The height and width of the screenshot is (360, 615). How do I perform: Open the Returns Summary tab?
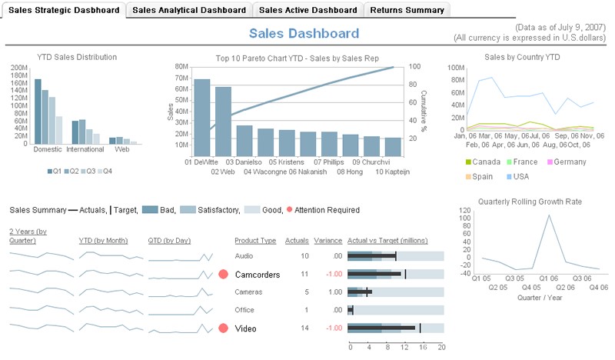(x=407, y=10)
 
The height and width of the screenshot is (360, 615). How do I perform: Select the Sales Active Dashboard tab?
(x=307, y=10)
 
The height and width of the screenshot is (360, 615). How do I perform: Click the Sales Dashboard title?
(x=304, y=33)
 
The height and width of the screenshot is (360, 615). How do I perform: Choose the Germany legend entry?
(x=567, y=162)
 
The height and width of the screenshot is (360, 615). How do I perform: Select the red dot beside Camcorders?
(x=224, y=274)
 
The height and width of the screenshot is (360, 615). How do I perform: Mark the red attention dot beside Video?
(x=224, y=328)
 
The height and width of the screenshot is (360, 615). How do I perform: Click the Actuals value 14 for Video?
(x=304, y=328)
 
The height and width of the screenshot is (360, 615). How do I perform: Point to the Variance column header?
(x=327, y=241)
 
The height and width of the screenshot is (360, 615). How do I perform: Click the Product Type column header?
(x=255, y=241)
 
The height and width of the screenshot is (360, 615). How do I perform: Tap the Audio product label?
(x=244, y=256)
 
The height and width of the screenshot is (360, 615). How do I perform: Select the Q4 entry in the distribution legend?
(x=104, y=171)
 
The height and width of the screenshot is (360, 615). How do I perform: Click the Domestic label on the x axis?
(x=48, y=149)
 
